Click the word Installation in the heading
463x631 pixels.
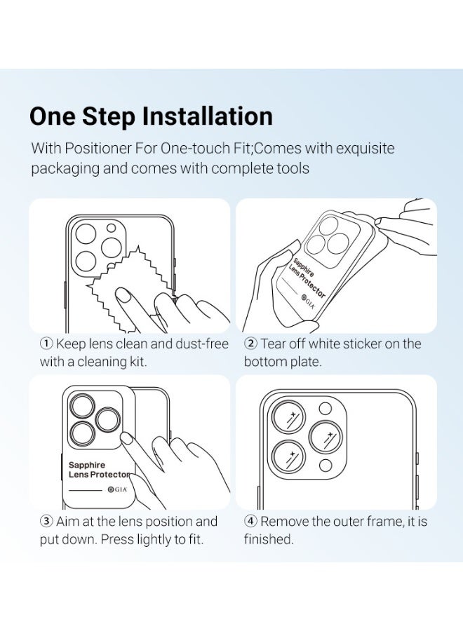pos(208,116)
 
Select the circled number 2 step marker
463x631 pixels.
pos(251,344)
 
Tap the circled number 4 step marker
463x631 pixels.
pos(251,521)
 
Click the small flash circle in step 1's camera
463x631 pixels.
pos(111,228)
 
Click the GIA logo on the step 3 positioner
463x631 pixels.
pos(117,490)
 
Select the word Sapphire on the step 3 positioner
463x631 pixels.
pos(86,466)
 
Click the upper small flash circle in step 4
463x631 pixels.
pos(326,409)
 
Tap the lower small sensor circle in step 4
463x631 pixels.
pos(326,466)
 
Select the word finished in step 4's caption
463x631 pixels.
pos(269,539)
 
